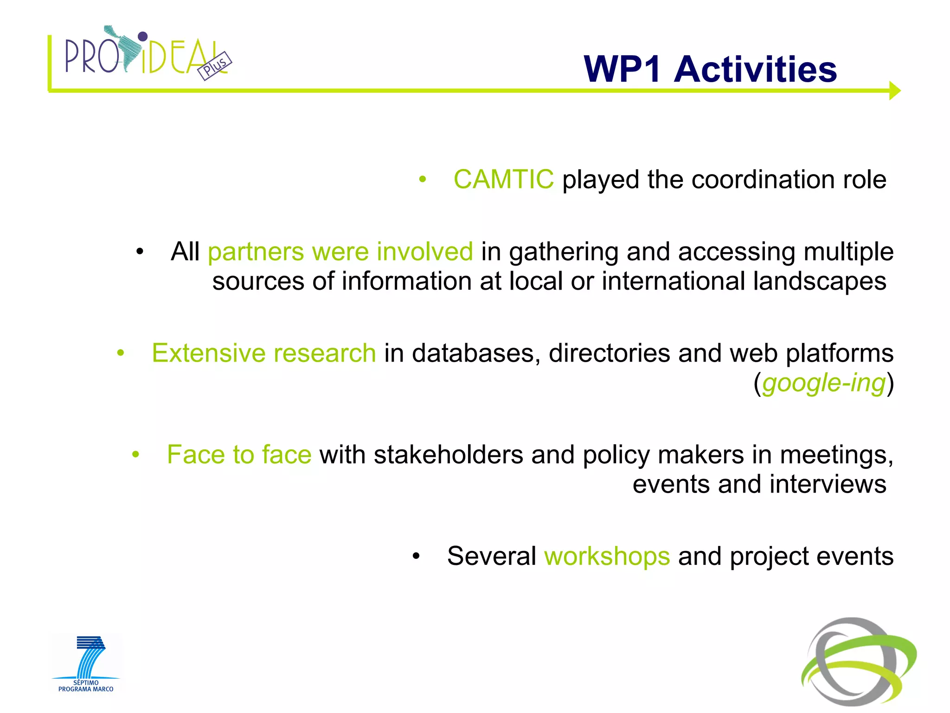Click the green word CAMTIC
pyautogui.click(x=503, y=180)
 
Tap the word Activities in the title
pyautogui.click(x=755, y=70)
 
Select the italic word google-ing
pyautogui.click(x=824, y=383)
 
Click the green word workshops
pyautogui.click(x=607, y=556)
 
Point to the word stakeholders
pyautogui.click(x=448, y=455)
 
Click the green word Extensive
pyautogui.click(x=208, y=353)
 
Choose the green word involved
pyautogui.click(x=424, y=252)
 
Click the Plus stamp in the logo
pyautogui.click(x=214, y=65)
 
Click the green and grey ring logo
pyautogui.click(x=859, y=661)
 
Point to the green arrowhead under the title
pyautogui.click(x=894, y=91)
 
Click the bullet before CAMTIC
pyautogui.click(x=422, y=180)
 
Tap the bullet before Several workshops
pyautogui.click(x=416, y=557)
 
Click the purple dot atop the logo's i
pyautogui.click(x=143, y=36)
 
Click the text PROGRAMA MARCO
pyautogui.click(x=86, y=689)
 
